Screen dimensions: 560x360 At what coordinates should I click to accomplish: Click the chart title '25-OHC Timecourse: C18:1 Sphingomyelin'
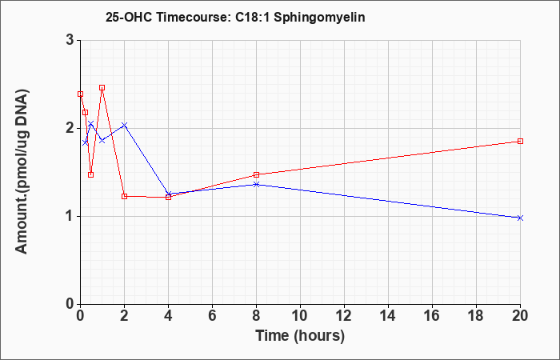[x=235, y=17]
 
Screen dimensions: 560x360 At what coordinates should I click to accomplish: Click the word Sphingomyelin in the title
[x=319, y=18]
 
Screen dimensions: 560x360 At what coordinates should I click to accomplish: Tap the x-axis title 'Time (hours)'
[x=300, y=336]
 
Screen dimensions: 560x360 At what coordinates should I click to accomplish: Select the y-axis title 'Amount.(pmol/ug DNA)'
[x=22, y=172]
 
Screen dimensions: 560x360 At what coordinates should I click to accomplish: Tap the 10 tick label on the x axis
[x=300, y=316]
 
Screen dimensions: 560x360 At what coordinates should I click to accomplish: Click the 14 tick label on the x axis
[x=388, y=316]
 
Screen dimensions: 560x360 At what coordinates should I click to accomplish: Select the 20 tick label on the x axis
[x=520, y=316]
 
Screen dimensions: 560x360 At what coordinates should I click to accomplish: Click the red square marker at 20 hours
[x=520, y=141]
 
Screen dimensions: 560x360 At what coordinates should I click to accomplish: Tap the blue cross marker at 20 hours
[x=520, y=218]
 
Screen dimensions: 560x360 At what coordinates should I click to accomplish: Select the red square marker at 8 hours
[x=256, y=174]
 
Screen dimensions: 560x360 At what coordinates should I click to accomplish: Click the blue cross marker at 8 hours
[x=256, y=184]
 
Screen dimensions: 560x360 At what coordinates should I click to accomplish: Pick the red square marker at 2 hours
[x=124, y=196]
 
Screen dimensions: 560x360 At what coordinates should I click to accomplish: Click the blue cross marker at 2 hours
[x=124, y=125]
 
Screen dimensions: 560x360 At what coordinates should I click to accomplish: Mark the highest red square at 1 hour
[x=102, y=87]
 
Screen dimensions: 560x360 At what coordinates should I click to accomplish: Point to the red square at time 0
[x=80, y=94]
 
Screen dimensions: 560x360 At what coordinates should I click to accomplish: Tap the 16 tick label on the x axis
[x=432, y=316]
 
